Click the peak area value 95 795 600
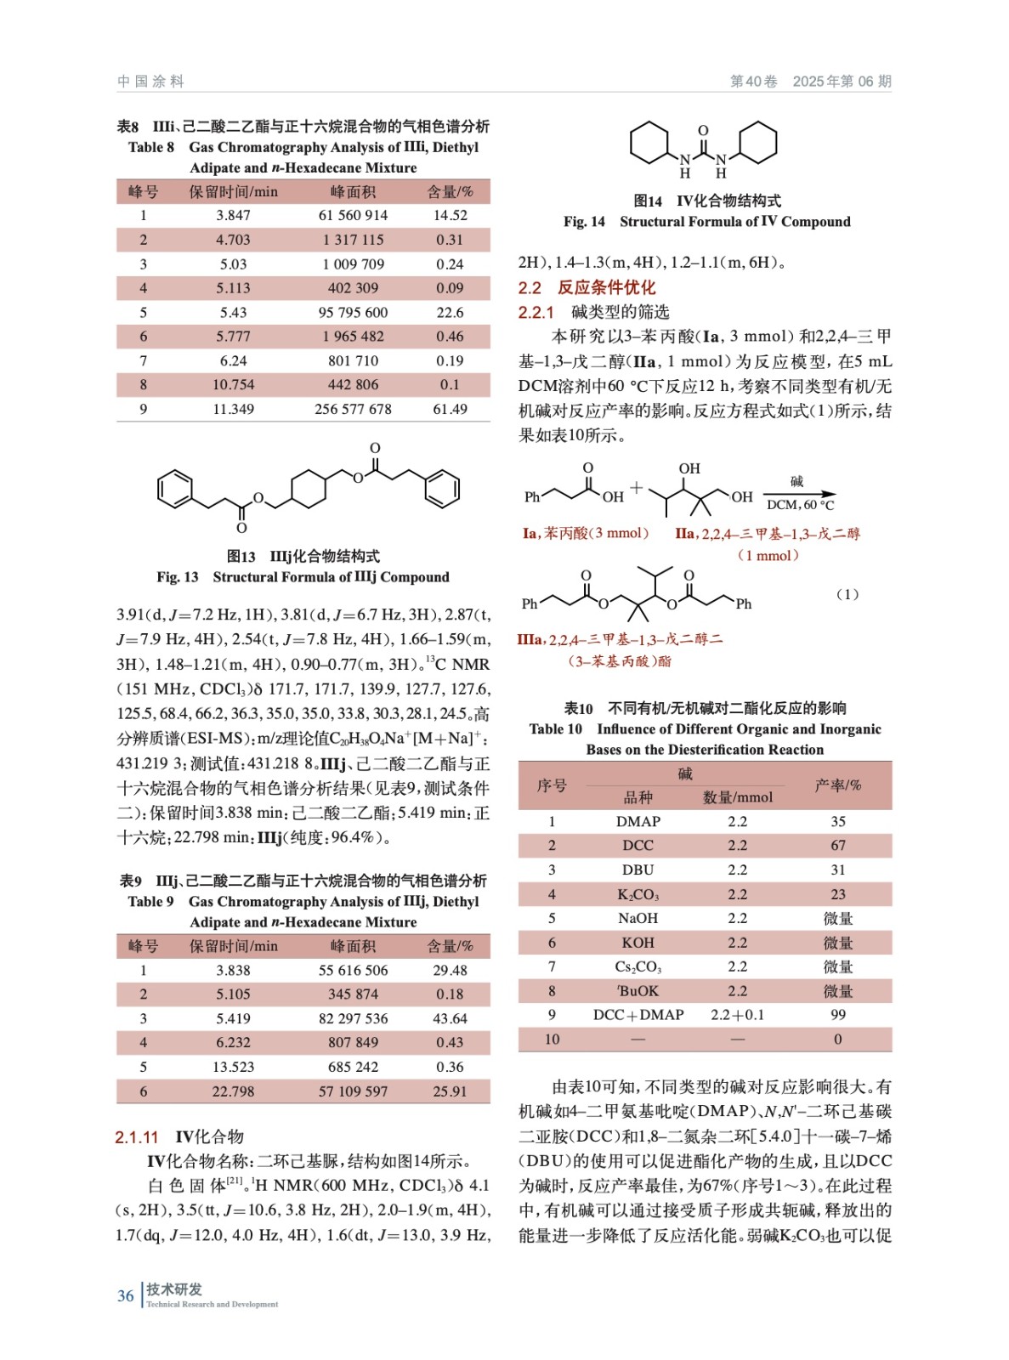coord(353,313)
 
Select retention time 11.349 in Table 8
coord(233,410)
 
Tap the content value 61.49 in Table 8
coord(450,410)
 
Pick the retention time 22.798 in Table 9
coord(233,1091)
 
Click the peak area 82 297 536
coord(353,1018)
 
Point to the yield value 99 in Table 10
coord(837,1015)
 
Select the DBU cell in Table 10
coord(638,870)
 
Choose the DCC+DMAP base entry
coord(638,1015)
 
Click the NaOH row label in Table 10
coord(638,919)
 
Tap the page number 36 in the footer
coord(126,1296)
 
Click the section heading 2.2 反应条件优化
coord(587,287)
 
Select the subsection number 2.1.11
coord(137,1137)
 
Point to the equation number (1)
coord(847,594)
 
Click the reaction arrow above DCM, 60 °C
coord(799,494)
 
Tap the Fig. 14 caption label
coord(584,222)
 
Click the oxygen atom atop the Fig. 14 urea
coord(703,130)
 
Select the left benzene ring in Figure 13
coord(176,490)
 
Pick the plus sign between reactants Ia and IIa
coord(637,489)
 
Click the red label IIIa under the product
coord(530,640)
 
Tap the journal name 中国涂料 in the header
coord(150,82)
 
